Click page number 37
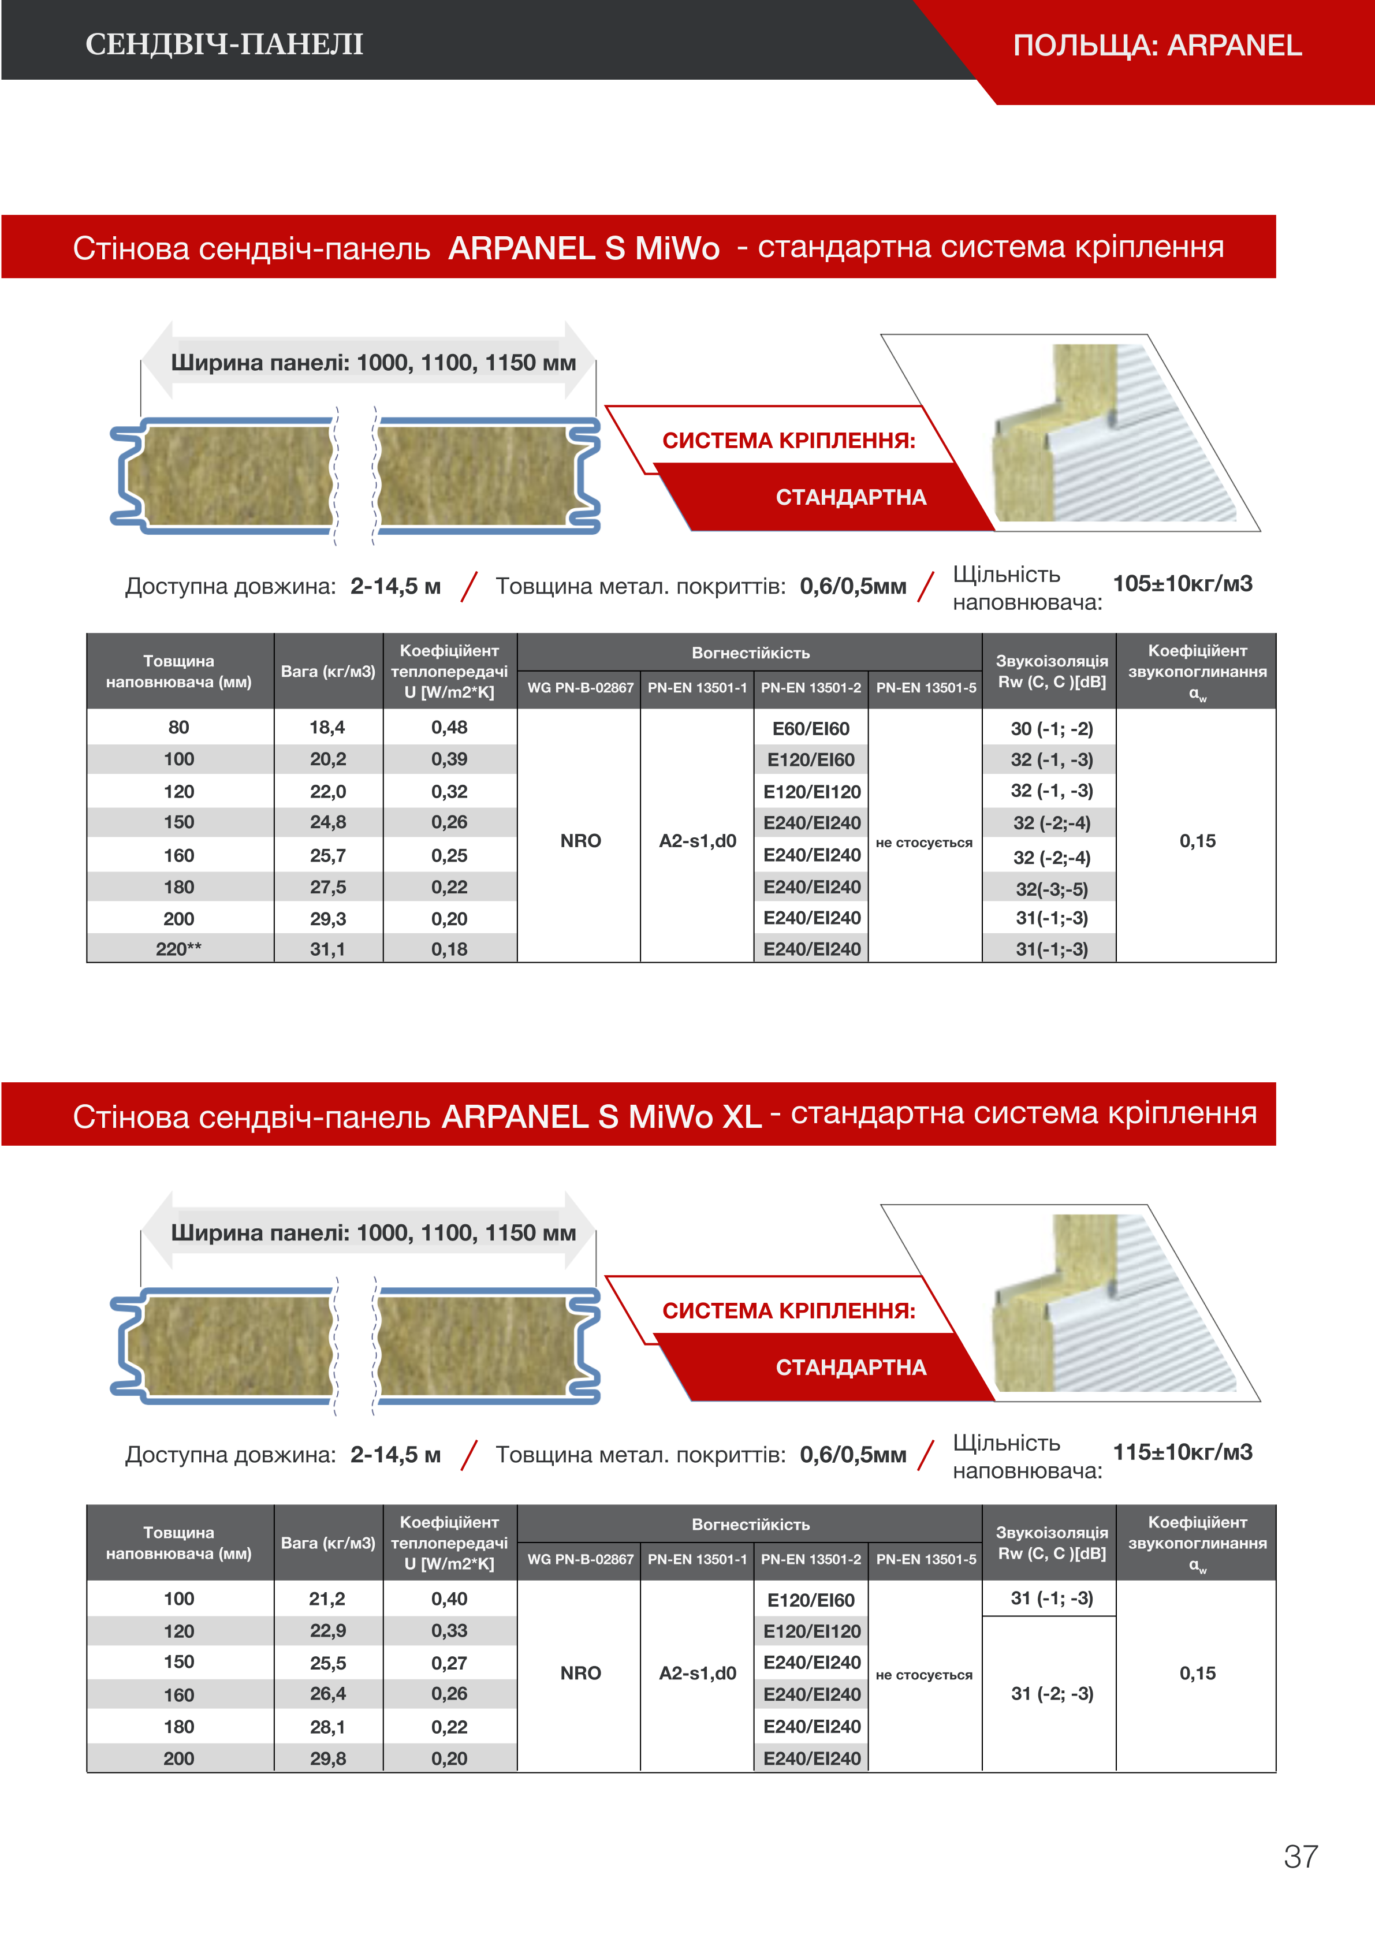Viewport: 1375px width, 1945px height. (x=1301, y=1856)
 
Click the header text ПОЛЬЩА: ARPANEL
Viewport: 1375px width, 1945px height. (x=1157, y=45)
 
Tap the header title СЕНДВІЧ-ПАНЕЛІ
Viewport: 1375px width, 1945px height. (x=225, y=44)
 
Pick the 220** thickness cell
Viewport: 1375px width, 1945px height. (x=179, y=949)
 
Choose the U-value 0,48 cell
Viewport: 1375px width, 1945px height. (x=449, y=728)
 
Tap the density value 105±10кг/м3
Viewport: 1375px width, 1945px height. (x=1182, y=584)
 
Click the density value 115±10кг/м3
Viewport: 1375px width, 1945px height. (x=1182, y=1452)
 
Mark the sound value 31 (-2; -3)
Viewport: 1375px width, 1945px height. (x=1052, y=1693)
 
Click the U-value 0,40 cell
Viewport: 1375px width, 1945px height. (x=449, y=1599)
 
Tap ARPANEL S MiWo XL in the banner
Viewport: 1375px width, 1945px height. (x=602, y=1116)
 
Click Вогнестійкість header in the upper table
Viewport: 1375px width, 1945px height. (x=751, y=653)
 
